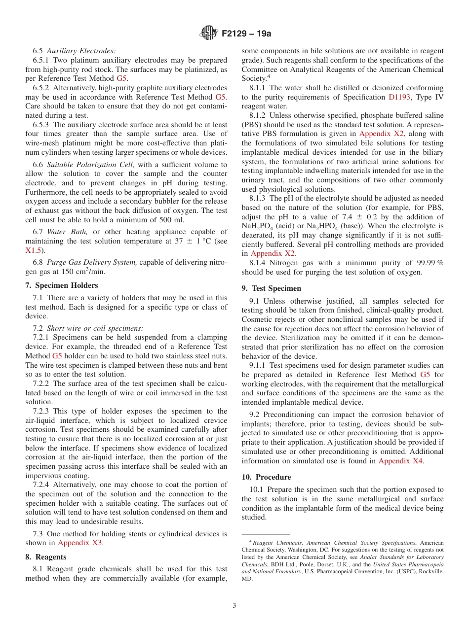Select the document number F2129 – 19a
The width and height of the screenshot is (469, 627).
tap(246, 34)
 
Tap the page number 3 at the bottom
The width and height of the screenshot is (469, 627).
tap(234, 605)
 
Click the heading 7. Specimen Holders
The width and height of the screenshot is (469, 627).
tap(61, 285)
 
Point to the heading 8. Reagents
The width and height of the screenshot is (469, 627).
tap(45, 557)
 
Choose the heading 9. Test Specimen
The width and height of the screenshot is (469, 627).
tap(271, 288)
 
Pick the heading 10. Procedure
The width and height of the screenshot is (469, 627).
tap(266, 477)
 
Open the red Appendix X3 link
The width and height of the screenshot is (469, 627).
tap(80, 543)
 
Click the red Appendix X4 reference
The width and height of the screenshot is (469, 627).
tap(400, 461)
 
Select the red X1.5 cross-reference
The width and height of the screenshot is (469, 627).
tap(33, 250)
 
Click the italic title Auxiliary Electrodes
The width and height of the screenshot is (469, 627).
tap(81, 51)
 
